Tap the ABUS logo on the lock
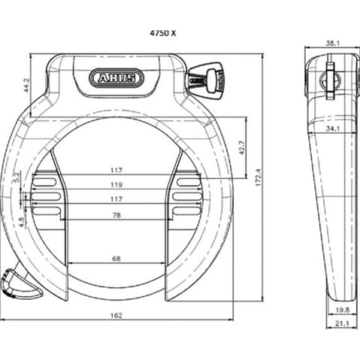115,77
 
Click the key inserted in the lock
207,78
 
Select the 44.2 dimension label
26,85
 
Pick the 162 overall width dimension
115,315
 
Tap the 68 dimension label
116,258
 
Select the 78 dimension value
116,215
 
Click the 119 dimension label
116,184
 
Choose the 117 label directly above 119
116,170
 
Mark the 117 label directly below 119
116,199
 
